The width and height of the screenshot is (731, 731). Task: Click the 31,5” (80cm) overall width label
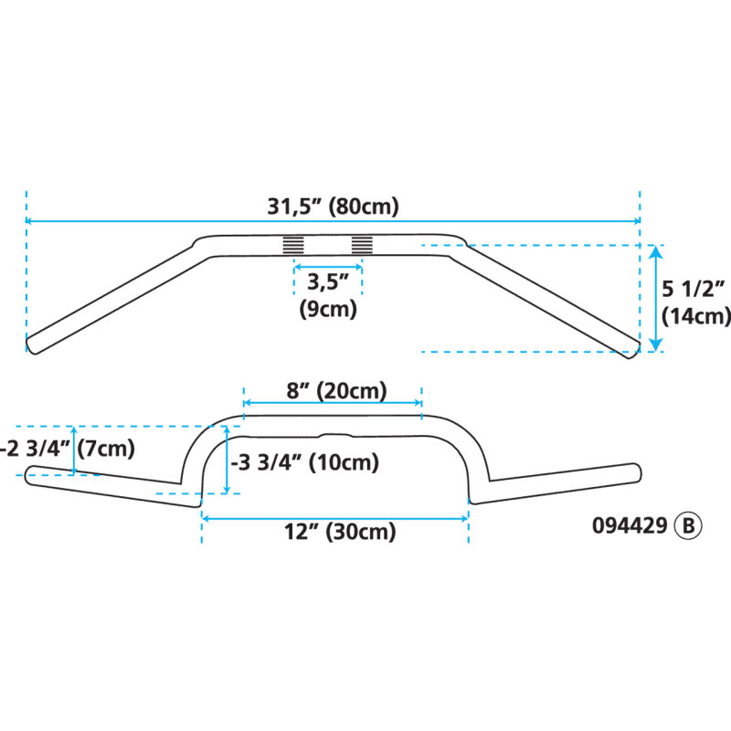point(333,207)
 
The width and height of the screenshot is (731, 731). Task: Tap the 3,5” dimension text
point(327,281)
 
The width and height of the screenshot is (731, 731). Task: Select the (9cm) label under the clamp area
point(328,309)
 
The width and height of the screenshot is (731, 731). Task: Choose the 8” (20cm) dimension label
point(336,391)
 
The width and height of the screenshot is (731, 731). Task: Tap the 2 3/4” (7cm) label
point(68,449)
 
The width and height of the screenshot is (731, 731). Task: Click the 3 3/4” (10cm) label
point(305,462)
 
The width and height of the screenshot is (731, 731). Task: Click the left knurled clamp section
point(292,245)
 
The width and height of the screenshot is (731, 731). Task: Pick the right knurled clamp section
point(363,245)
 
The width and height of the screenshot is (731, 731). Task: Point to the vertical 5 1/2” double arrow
point(654,298)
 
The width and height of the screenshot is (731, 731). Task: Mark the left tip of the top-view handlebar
point(31,344)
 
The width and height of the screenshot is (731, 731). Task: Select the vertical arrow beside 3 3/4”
point(226,462)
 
